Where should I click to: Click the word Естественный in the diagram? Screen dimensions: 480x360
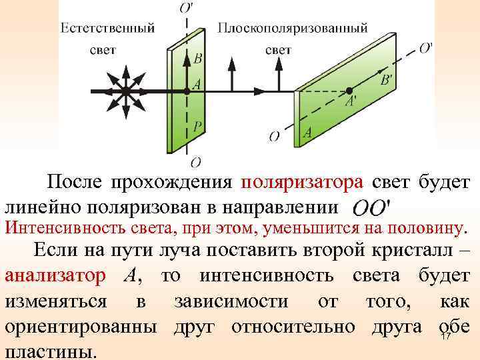pyautogui.click(x=108, y=28)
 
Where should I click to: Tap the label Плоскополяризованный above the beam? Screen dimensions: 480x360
pyautogui.click(x=293, y=28)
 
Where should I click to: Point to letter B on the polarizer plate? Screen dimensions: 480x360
pyautogui.click(x=197, y=58)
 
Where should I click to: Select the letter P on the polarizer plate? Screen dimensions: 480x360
pyautogui.click(x=197, y=125)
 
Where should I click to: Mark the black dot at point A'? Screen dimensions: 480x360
pyautogui.click(x=348, y=90)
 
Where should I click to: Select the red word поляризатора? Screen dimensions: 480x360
pyautogui.click(x=303, y=181)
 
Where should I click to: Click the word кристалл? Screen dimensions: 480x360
pyautogui.click(x=411, y=251)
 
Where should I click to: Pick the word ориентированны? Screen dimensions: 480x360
pyautogui.click(x=81, y=327)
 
